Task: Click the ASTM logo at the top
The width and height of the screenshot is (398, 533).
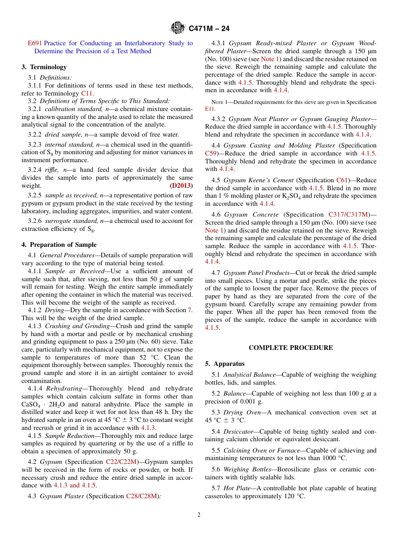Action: pos(177,28)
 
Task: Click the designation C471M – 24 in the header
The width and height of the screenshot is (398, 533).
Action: pos(209,28)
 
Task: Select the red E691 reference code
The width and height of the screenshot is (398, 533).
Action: pos(35,43)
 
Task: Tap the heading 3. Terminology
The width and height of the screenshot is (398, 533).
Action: pos(44,67)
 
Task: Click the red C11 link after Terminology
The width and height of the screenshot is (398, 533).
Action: pos(87,93)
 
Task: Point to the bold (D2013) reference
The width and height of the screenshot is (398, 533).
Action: pos(181,185)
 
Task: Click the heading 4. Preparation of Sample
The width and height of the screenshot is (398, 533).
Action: pos(59,245)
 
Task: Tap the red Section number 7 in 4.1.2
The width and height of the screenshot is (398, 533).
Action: pos(190,310)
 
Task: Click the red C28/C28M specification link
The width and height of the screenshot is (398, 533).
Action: pos(141,496)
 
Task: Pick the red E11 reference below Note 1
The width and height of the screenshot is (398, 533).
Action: pos(209,109)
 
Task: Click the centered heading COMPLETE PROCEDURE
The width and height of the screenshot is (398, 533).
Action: pos(291,348)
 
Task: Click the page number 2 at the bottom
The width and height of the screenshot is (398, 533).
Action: pos(199,515)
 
